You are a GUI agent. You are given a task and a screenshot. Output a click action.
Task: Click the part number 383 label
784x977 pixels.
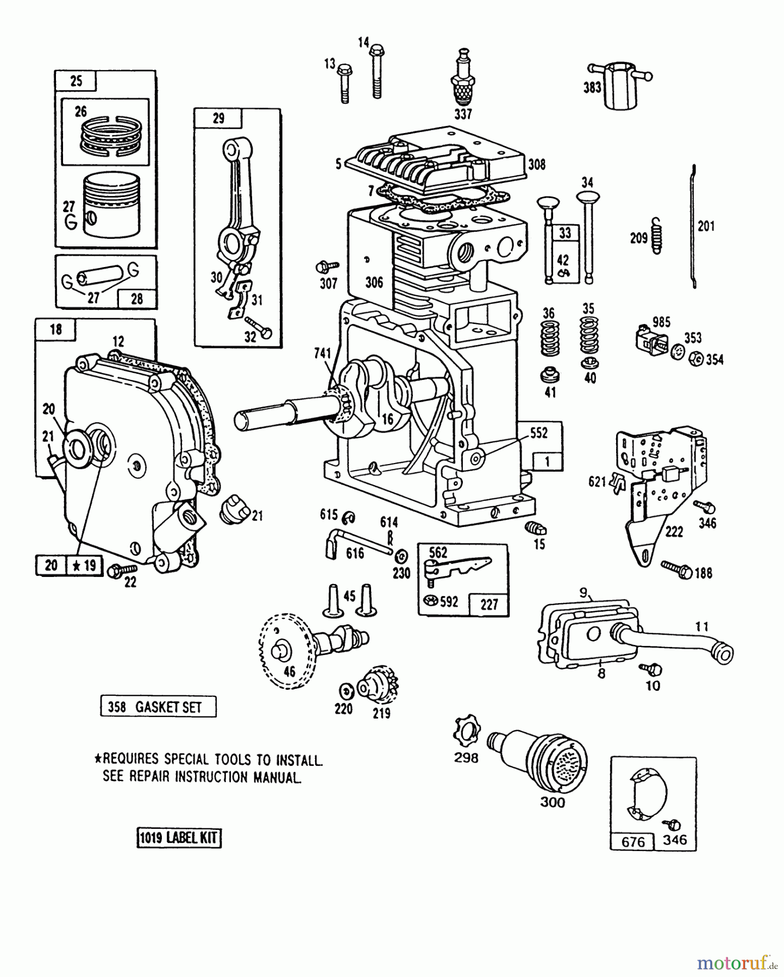[x=592, y=87]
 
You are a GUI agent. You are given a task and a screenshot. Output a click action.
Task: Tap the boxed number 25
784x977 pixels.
[x=76, y=81]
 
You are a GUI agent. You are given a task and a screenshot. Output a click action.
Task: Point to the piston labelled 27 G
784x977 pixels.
[x=111, y=205]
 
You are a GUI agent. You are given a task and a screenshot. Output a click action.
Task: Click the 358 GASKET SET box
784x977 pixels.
[x=158, y=707]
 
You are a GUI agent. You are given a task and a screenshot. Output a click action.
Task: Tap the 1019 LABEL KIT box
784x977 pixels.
[x=179, y=838]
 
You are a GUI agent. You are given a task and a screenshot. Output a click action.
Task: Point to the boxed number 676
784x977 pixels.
[x=633, y=841]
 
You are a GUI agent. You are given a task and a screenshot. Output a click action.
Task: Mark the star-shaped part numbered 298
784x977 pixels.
[x=466, y=730]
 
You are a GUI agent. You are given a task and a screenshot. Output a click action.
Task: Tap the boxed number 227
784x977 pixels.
[x=489, y=604]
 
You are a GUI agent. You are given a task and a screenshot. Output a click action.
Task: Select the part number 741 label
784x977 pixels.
[x=322, y=353]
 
